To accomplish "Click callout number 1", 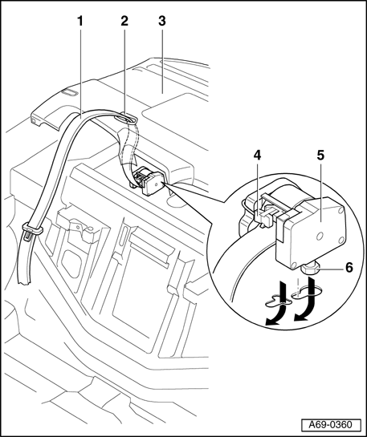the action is (80, 21).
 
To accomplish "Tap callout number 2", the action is (124, 21).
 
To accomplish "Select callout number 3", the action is (162, 21).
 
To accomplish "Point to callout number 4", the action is (257, 156).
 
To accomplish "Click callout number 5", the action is (320, 156).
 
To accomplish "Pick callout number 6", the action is (349, 268).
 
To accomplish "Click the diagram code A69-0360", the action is (330, 425).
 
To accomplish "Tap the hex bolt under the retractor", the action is (308, 269).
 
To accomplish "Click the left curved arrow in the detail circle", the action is (276, 305).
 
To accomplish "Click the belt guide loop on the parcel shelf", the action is (126, 119).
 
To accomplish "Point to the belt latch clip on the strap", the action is (32, 230).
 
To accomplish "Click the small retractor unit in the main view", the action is (148, 180).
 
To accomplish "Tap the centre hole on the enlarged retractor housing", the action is (320, 237).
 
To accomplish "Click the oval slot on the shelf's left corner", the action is (69, 93).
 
